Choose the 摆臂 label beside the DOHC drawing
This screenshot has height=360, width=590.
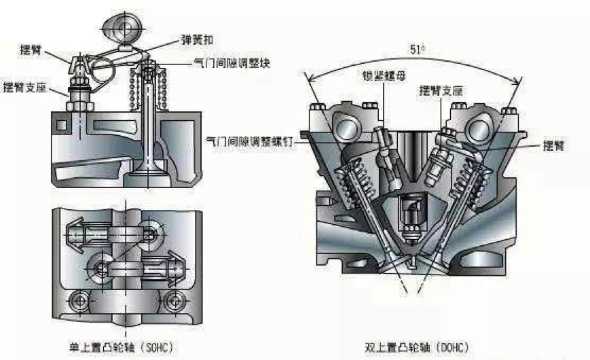(x=556, y=145)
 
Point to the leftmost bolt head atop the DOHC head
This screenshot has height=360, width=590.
(x=315, y=107)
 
